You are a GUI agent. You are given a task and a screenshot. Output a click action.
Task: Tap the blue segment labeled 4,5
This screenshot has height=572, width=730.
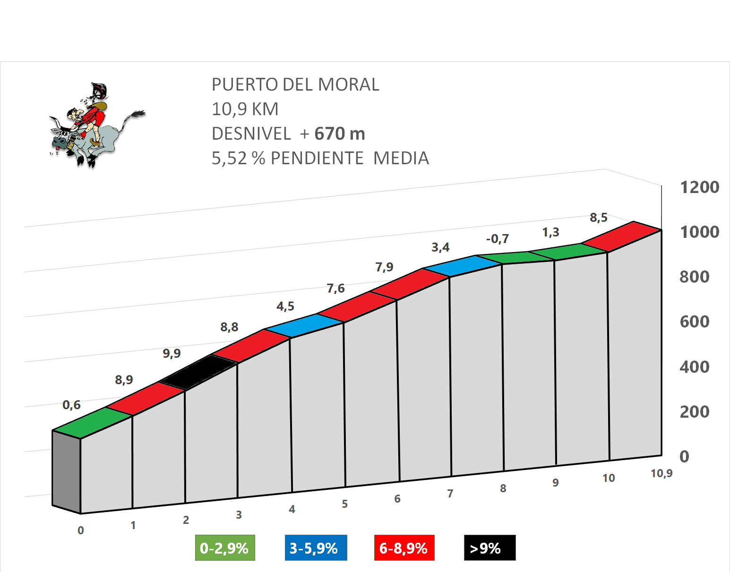[304, 326]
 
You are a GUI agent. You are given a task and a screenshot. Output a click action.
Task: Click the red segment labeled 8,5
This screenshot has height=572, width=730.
[620, 236]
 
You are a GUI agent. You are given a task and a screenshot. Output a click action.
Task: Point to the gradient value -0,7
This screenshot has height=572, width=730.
[498, 239]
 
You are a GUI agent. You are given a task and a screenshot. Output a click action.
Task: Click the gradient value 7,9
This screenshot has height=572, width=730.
[384, 267]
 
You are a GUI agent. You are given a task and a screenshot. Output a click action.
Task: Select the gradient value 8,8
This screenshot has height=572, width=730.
[229, 327]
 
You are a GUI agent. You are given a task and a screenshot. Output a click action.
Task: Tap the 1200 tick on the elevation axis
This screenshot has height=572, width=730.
[699, 187]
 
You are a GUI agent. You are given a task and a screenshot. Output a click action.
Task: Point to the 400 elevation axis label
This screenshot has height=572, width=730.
[694, 367]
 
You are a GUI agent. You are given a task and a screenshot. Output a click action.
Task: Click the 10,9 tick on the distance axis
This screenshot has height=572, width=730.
[661, 473]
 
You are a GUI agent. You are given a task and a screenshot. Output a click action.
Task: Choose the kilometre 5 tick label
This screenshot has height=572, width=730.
[345, 504]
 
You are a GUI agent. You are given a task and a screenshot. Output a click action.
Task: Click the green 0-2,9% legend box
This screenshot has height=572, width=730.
[225, 548]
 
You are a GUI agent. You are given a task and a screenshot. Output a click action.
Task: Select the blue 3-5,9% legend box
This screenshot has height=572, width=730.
[316, 548]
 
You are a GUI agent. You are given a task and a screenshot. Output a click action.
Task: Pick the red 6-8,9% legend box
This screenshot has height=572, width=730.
[404, 548]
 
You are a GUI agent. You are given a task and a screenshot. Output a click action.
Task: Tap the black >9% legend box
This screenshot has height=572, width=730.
[490, 548]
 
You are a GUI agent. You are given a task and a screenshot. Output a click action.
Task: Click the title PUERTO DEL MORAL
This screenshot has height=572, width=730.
[295, 84]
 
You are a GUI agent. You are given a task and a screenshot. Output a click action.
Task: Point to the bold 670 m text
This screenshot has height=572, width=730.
[340, 134]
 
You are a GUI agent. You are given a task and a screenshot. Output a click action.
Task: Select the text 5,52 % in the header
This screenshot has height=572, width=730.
[238, 158]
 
